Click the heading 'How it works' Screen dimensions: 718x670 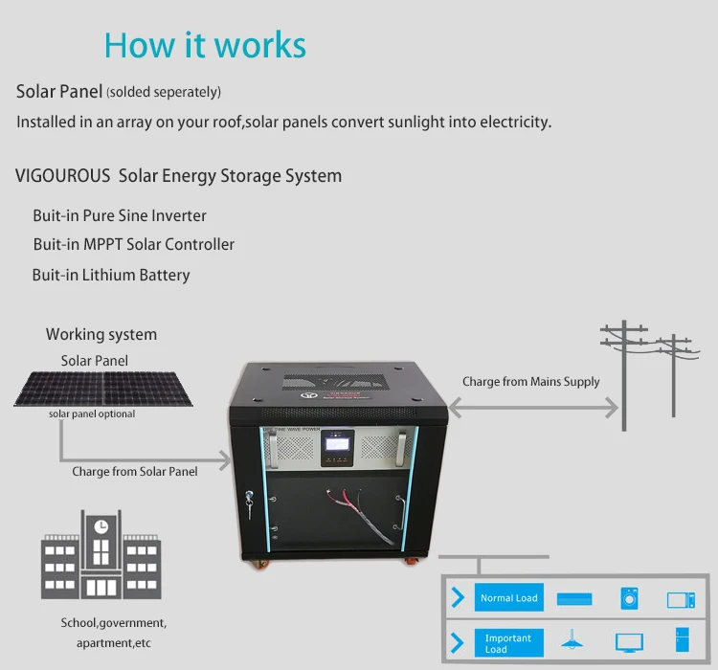pos(205,45)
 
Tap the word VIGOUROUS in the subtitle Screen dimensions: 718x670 pos(62,176)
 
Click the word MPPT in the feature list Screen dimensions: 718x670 pos(102,244)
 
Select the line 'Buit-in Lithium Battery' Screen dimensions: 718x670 pos(111,275)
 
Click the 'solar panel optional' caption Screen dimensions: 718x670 pos(92,414)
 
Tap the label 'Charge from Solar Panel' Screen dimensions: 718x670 pos(135,471)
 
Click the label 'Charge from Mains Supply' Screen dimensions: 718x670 pos(531,381)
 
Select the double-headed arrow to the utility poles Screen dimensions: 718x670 pos(532,407)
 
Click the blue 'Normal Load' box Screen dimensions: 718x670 pos(509,598)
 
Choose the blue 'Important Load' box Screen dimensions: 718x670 pos(508,643)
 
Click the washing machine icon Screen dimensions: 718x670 pos(629,598)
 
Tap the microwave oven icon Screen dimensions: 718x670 pos(681,599)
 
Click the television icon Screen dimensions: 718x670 pos(629,642)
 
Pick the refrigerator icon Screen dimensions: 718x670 pos(681,640)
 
